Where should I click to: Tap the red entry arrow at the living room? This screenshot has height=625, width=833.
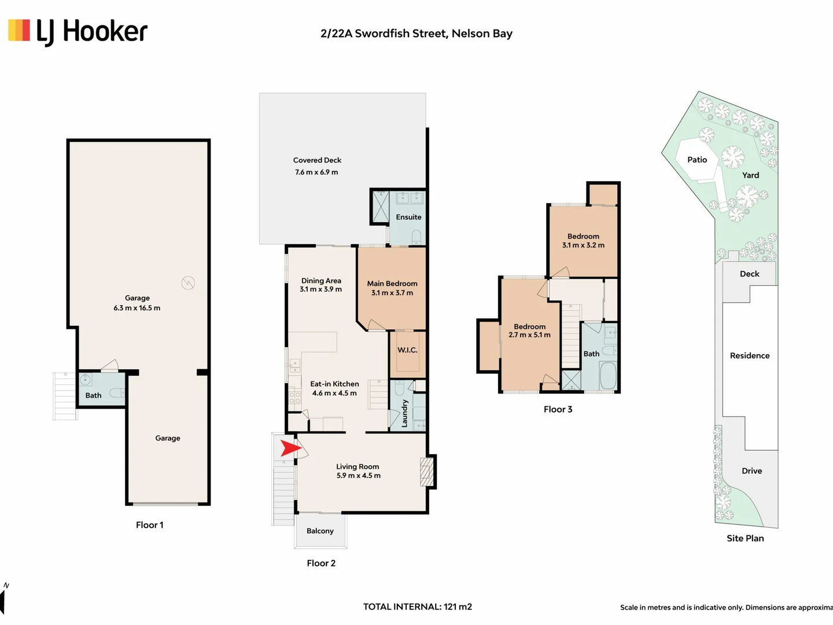pyautogui.click(x=291, y=448)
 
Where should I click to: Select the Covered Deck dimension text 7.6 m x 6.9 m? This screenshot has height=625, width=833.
pyautogui.click(x=316, y=172)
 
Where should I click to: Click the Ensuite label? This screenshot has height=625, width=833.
pyautogui.click(x=408, y=217)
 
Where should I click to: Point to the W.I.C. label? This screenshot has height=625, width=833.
pyautogui.click(x=407, y=350)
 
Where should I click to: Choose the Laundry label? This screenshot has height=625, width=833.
pyautogui.click(x=404, y=413)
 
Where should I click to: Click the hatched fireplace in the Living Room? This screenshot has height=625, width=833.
pyautogui.click(x=426, y=472)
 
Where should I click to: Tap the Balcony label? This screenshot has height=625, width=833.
pyautogui.click(x=320, y=531)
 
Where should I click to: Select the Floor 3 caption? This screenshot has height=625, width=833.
pyautogui.click(x=558, y=409)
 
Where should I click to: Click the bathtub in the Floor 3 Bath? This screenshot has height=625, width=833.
pyautogui.click(x=608, y=376)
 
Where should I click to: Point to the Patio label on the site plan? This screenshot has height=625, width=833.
pyautogui.click(x=697, y=160)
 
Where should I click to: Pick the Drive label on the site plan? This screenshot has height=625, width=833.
pyautogui.click(x=752, y=471)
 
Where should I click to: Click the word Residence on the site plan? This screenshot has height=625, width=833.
pyautogui.click(x=750, y=355)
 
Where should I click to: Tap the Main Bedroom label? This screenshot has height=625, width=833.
pyautogui.click(x=392, y=284)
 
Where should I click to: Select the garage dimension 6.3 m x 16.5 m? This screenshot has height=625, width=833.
pyautogui.click(x=137, y=308)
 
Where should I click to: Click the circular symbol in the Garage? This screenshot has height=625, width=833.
pyautogui.click(x=188, y=283)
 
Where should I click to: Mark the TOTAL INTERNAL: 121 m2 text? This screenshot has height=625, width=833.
pyautogui.click(x=418, y=607)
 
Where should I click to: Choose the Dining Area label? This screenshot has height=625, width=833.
pyautogui.click(x=321, y=281)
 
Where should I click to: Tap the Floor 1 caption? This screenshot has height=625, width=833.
pyautogui.click(x=149, y=525)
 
